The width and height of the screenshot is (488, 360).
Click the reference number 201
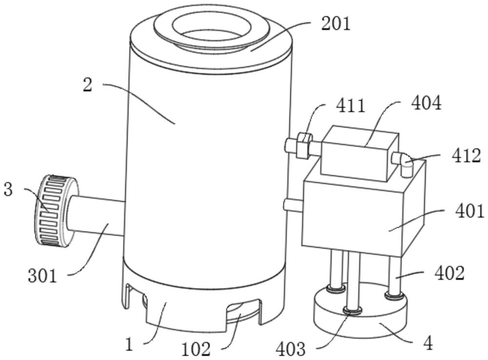coord(335,23)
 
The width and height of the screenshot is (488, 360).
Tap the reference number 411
coord(351,106)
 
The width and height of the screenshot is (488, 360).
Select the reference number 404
coord(426,103)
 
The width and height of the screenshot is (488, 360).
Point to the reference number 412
coord(467,156)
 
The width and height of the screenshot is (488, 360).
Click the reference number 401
coord(469,211)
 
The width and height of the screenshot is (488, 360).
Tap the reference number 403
coord(291,349)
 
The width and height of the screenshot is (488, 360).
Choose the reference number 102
coord(196,349)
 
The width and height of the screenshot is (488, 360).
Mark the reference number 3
coord(8,190)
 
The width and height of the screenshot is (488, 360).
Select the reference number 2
coord(87,85)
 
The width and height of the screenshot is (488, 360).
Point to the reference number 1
coord(129,344)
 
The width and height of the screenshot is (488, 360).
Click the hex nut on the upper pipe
coord(304,145)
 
